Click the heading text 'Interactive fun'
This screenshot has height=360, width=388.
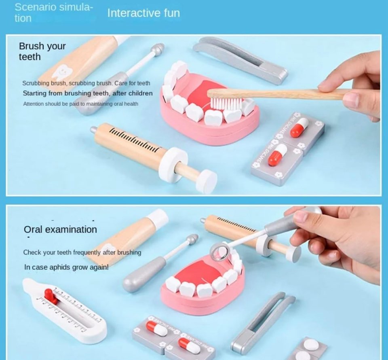point(143,13)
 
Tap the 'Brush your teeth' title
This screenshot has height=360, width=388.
point(42,51)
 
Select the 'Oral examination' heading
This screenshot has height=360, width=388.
point(60,229)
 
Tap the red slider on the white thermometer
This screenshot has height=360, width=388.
point(51,296)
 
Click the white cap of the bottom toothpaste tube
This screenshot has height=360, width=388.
point(157,218)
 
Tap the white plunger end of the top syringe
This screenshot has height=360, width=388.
point(206,181)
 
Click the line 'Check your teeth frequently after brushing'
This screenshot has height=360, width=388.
point(82,252)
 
